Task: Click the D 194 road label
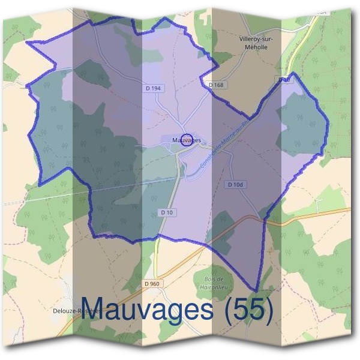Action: point(154,88)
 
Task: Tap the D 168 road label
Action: point(217,85)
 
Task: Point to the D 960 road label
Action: point(152,283)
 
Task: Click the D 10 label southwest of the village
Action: point(167,212)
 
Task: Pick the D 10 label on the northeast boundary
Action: point(284,79)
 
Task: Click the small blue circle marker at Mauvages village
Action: point(186,140)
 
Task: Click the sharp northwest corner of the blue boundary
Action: point(27,43)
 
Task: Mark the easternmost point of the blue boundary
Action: point(329,124)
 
